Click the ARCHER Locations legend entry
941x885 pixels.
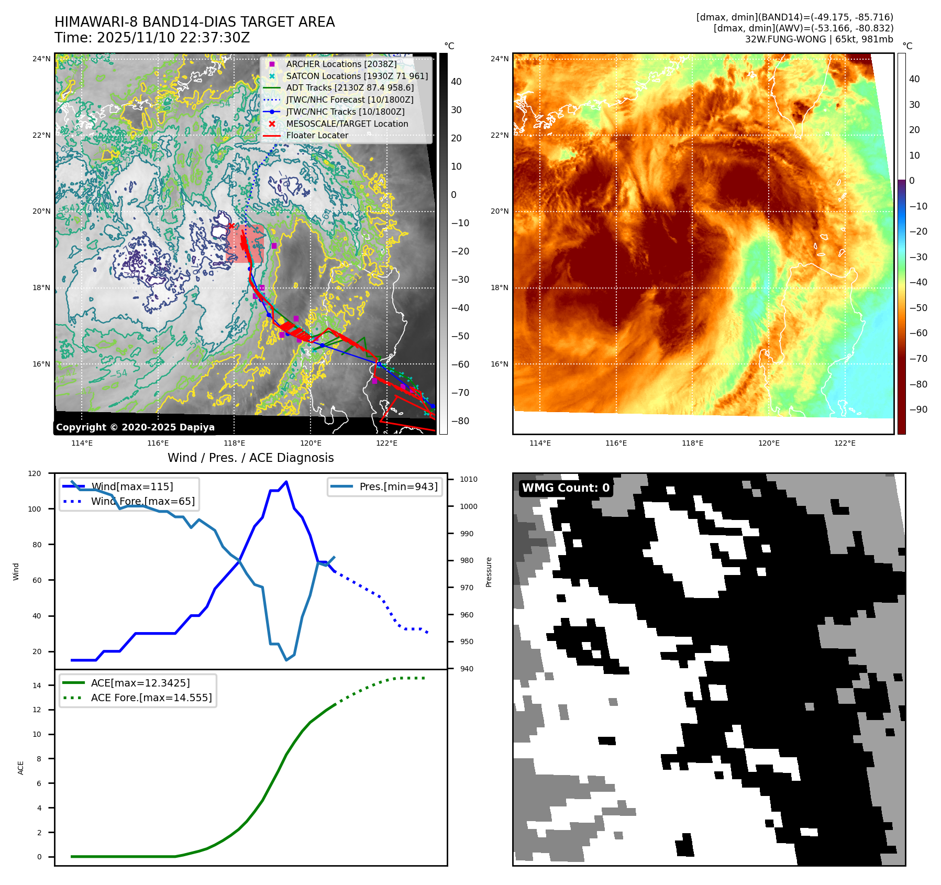click(x=341, y=64)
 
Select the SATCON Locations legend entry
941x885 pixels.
click(x=357, y=76)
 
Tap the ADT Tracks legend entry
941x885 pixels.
click(x=350, y=88)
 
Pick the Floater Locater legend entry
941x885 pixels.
click(x=317, y=135)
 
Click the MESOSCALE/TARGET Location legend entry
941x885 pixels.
click(x=347, y=124)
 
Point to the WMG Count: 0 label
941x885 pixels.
click(x=566, y=488)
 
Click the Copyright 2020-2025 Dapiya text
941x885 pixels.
click(x=135, y=427)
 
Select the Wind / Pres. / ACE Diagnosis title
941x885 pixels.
click(x=250, y=458)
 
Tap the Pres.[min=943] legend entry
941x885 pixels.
click(x=398, y=486)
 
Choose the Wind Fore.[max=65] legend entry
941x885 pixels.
click(x=142, y=501)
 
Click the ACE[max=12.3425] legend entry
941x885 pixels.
click(x=140, y=683)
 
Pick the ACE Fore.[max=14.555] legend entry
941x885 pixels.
click(x=151, y=698)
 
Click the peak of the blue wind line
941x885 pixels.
click(x=286, y=482)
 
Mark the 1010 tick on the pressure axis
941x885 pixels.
click(x=468, y=479)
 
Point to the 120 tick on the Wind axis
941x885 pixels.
click(x=35, y=473)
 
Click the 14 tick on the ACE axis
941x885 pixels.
click(x=37, y=685)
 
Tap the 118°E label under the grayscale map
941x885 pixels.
click(x=234, y=443)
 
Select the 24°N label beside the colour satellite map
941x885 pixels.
click(x=499, y=59)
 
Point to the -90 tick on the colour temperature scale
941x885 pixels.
click(x=917, y=410)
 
